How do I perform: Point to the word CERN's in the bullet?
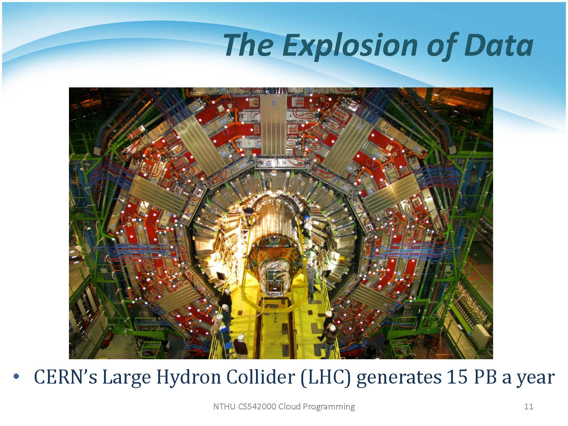pos(66,377)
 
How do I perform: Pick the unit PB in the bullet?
pos(485,377)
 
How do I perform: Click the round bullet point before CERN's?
pos(16,376)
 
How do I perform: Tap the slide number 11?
pos(529,406)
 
